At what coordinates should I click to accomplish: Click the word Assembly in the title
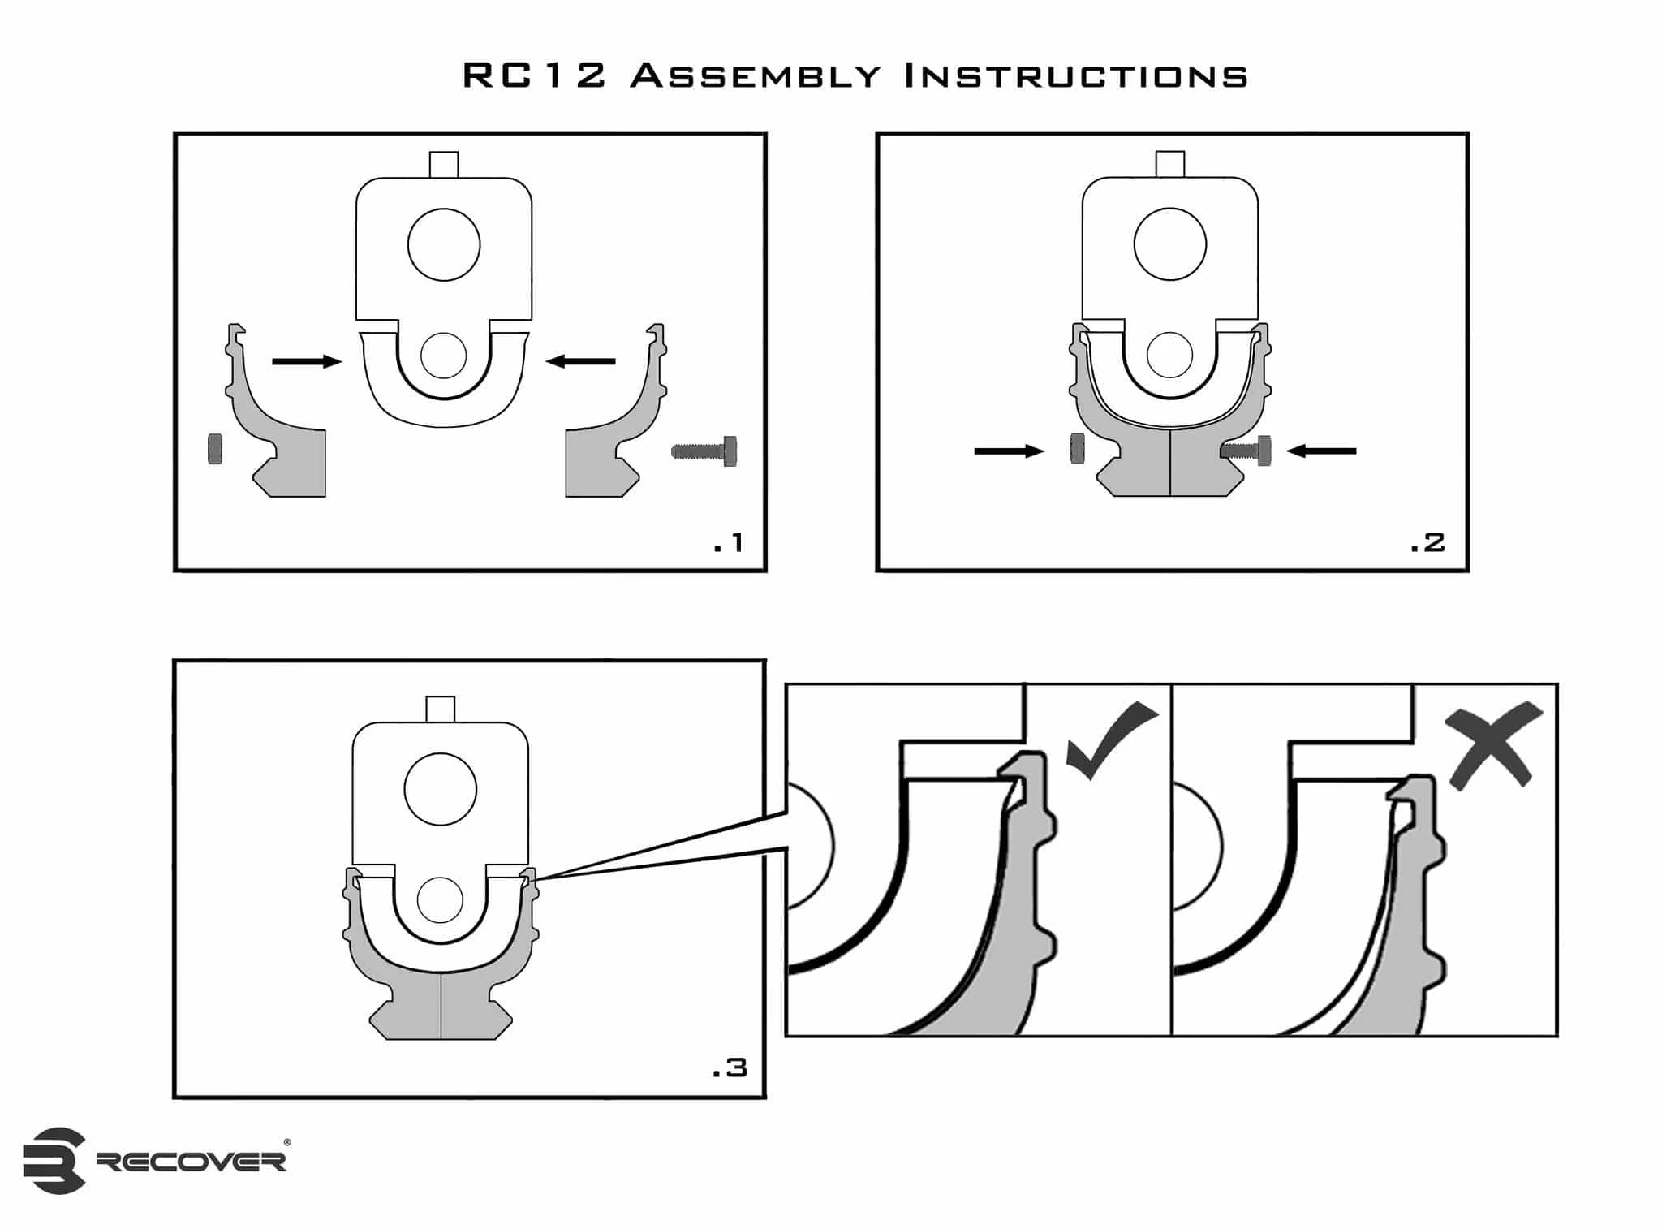tap(756, 76)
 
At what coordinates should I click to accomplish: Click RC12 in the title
tap(534, 76)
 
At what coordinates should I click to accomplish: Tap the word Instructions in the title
tap(1076, 76)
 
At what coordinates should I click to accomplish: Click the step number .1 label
tap(728, 542)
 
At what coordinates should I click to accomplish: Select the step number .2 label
tap(1427, 542)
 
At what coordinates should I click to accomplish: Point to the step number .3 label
tap(729, 1067)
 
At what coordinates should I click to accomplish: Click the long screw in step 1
tap(705, 451)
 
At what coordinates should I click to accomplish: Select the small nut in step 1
tap(215, 449)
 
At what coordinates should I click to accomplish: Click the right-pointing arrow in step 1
tap(306, 361)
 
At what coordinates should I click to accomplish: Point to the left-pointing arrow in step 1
tap(580, 361)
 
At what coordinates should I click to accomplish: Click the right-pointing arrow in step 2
tap(1009, 451)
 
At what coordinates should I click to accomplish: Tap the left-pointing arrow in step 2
tap(1321, 451)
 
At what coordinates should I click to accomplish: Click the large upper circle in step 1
tap(444, 244)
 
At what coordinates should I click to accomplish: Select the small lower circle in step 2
tap(1169, 355)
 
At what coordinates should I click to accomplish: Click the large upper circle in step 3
tap(441, 789)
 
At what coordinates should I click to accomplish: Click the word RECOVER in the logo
tap(192, 1162)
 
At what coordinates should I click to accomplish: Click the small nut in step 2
tap(1078, 448)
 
